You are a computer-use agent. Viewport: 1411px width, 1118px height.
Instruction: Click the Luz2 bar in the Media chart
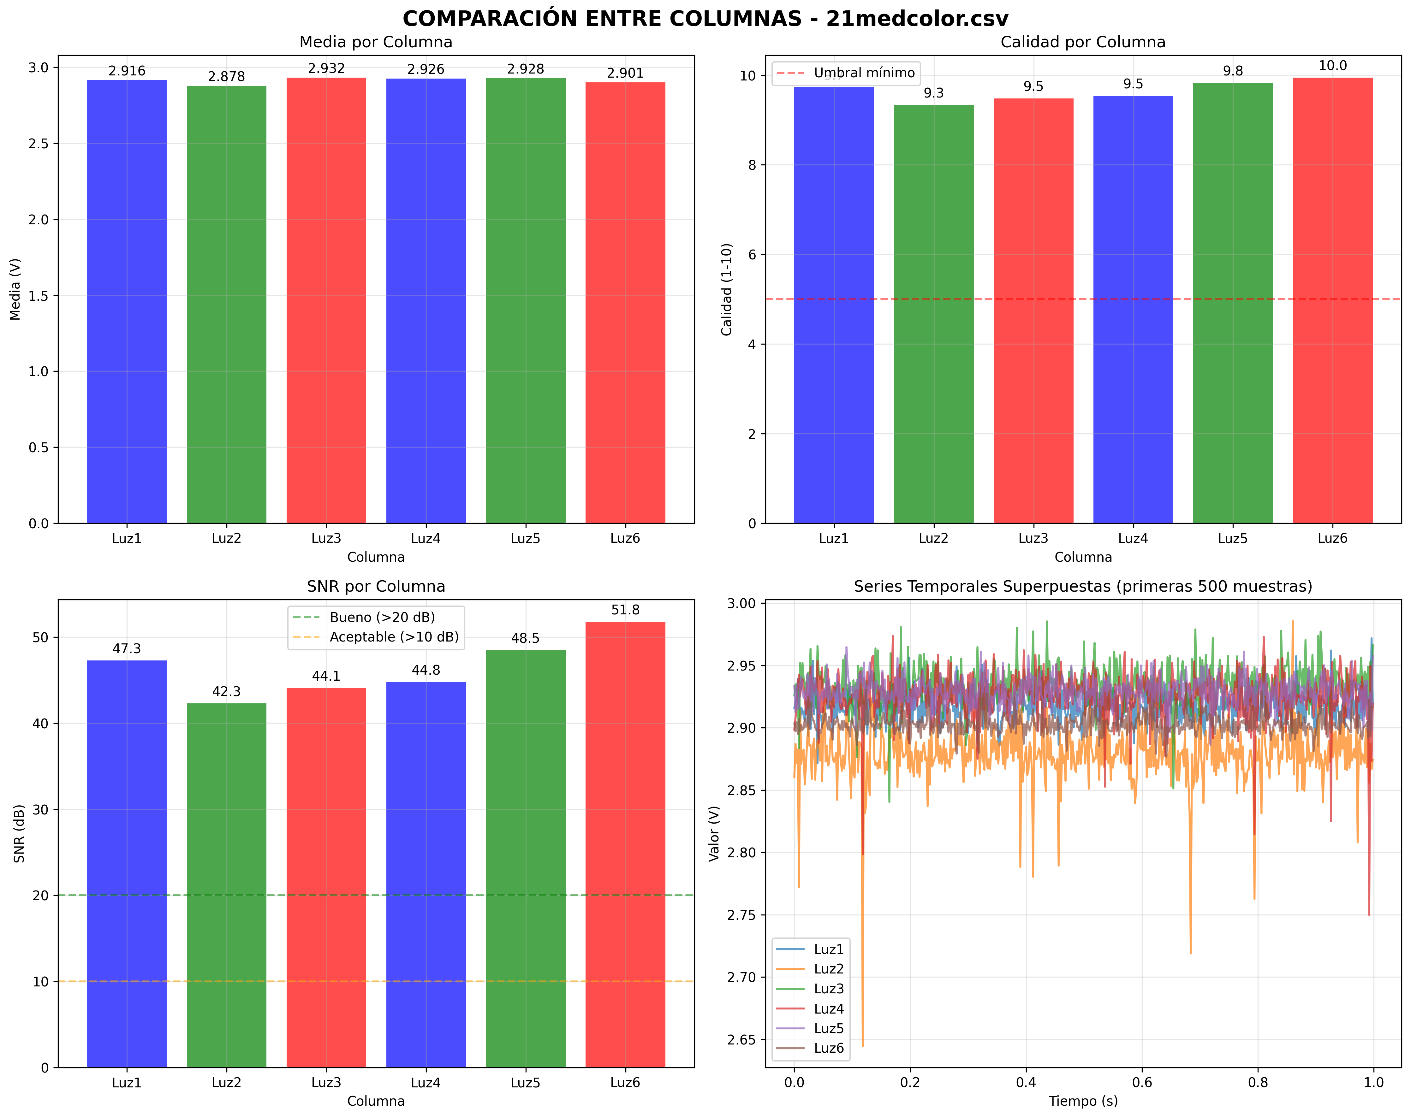(226, 304)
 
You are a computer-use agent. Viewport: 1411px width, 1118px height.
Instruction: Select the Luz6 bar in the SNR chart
(625, 844)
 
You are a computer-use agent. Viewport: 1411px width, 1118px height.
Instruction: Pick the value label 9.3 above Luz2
(933, 93)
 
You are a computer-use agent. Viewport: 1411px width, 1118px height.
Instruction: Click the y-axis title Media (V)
(15, 289)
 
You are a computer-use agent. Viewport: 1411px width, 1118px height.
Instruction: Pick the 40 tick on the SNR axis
(41, 724)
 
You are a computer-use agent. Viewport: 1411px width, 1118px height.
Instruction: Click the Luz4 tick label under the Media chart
(426, 538)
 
